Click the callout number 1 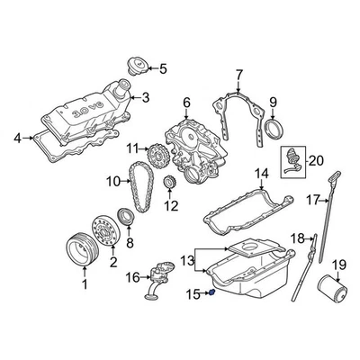tap(85, 284)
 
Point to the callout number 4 tap(17, 138)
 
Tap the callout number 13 tap(189, 260)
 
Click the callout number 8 tap(129, 242)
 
